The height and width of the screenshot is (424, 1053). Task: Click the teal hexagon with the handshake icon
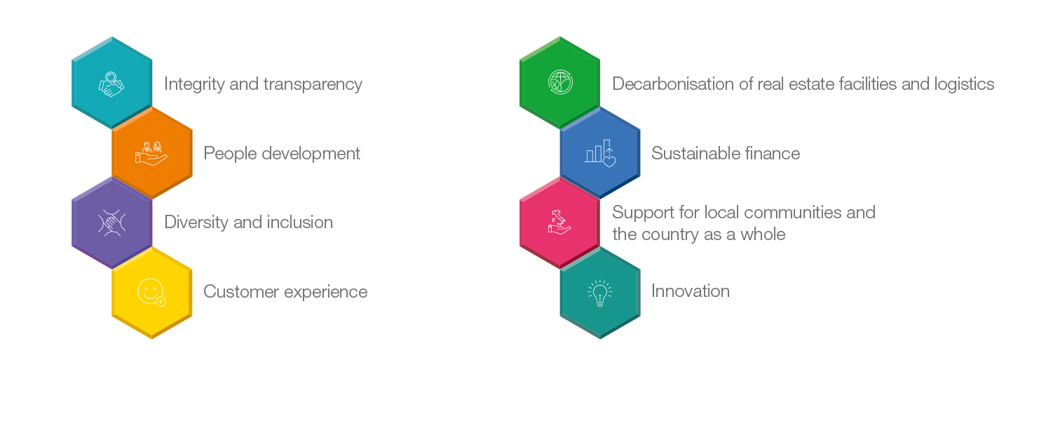112,83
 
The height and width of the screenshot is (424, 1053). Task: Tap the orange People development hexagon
152,152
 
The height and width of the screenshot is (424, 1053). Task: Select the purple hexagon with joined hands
112,223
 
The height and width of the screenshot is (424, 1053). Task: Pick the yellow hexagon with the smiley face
152,292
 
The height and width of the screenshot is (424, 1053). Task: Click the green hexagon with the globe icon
560,83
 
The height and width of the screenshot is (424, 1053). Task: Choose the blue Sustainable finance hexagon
600,152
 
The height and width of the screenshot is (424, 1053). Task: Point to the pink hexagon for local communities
560,223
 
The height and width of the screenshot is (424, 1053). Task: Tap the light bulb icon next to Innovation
600,293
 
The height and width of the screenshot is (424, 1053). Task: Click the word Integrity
195,84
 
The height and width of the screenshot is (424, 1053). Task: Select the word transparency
313,85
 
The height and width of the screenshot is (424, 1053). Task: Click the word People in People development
230,154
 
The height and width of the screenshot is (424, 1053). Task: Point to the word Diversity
196,222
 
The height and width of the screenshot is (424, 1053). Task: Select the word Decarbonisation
673,84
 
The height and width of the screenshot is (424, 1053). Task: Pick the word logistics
964,85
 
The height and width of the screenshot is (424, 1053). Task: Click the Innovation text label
691,291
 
